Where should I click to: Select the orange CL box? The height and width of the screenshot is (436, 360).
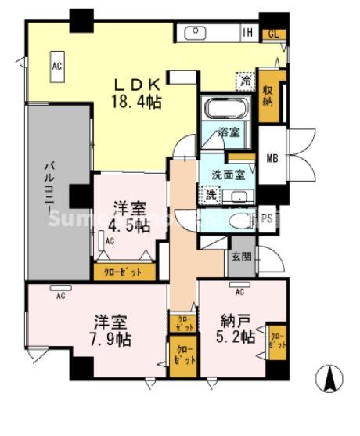click(273, 33)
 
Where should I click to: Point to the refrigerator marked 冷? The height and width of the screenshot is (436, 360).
click(245, 80)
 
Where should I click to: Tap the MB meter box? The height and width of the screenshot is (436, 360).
click(272, 159)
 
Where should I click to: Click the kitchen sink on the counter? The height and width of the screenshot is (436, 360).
click(194, 33)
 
